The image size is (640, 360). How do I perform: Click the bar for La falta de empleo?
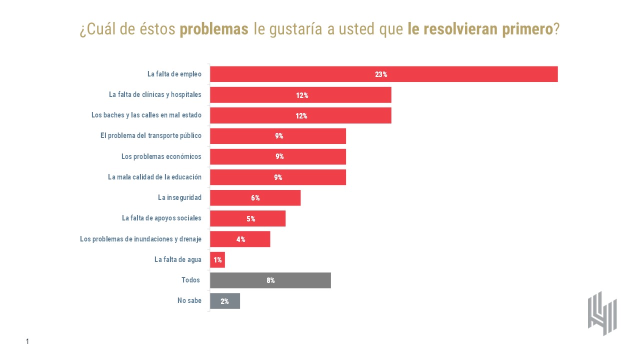(x=450, y=74)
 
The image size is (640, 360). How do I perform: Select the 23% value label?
(x=381, y=74)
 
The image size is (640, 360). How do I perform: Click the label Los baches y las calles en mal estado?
(x=146, y=115)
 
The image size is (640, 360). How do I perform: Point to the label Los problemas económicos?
(x=161, y=156)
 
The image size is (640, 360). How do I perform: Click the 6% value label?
(x=255, y=198)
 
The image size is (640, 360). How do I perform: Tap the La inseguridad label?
(x=179, y=197)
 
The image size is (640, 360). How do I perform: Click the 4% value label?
(x=240, y=239)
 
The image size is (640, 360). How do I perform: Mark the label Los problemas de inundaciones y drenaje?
(x=140, y=239)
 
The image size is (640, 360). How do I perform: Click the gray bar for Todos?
(x=300, y=280)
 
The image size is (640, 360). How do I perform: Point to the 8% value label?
(x=270, y=280)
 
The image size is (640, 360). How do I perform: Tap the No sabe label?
(x=189, y=301)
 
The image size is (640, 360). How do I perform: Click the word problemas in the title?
(x=214, y=29)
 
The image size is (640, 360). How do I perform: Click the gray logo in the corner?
(x=602, y=313)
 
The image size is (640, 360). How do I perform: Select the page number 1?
(x=27, y=341)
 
